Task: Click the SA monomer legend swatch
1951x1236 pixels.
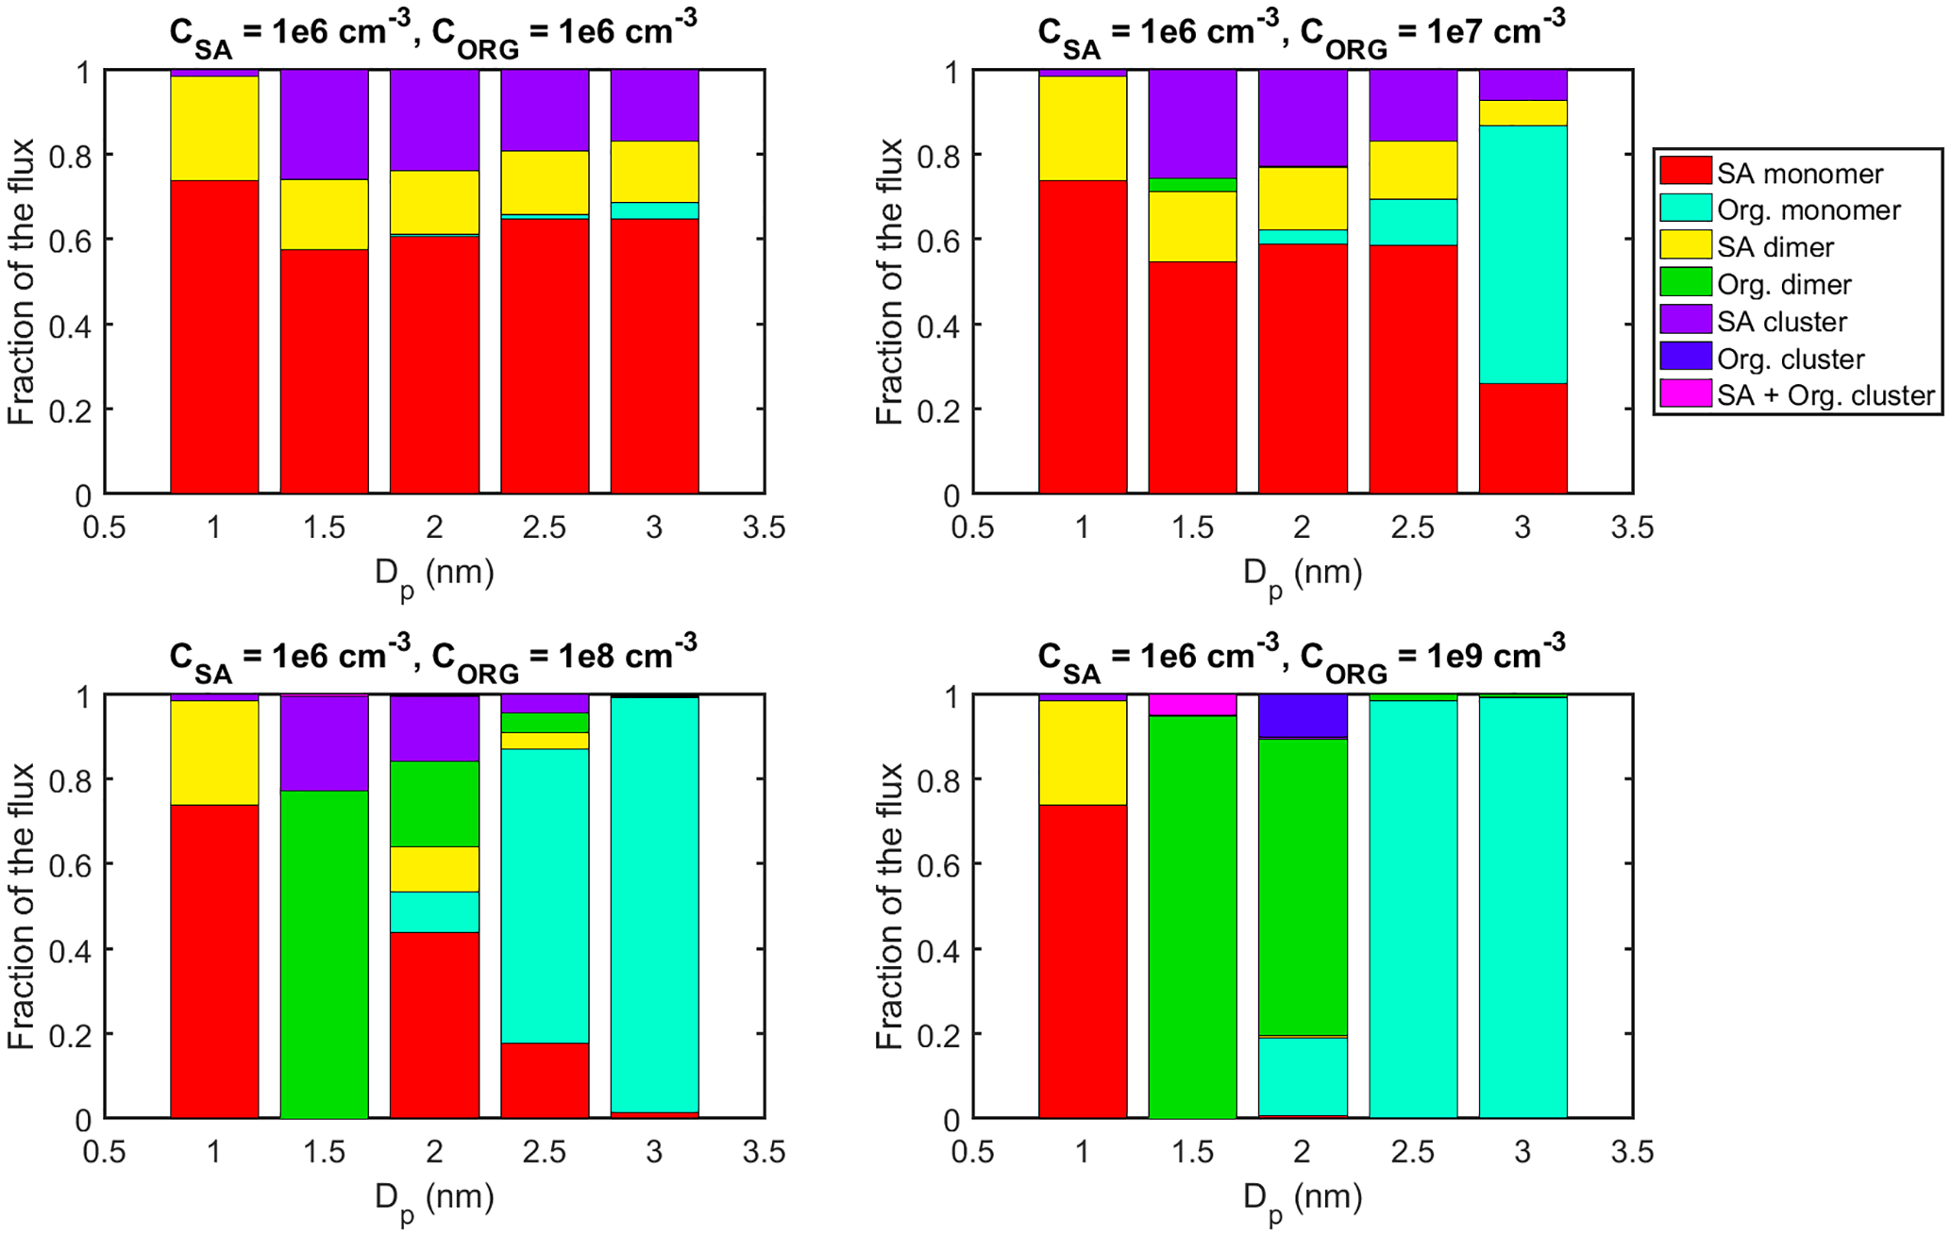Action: pos(1686,172)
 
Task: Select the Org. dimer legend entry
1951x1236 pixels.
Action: pos(1783,284)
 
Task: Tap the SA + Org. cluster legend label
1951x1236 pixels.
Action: pos(1825,395)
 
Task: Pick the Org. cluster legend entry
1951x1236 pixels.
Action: pos(1790,359)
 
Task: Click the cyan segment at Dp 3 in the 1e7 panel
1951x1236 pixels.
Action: pos(1522,255)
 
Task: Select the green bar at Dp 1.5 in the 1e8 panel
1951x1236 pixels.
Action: pos(324,953)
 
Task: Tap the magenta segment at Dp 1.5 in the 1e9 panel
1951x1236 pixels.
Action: pos(1192,705)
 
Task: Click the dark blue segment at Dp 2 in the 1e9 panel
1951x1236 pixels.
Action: pos(1303,716)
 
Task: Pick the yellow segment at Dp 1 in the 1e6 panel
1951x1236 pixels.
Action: pos(214,127)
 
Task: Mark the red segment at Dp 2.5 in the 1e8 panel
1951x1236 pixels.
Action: pos(545,1079)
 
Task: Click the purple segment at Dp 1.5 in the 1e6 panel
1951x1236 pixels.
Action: pos(324,125)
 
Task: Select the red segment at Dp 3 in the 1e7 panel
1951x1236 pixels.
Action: pos(1522,438)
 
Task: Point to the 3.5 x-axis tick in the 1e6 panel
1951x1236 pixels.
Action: pos(764,527)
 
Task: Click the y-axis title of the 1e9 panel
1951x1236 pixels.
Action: pos(889,906)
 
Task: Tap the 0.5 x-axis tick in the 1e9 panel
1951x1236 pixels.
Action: pos(973,1152)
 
